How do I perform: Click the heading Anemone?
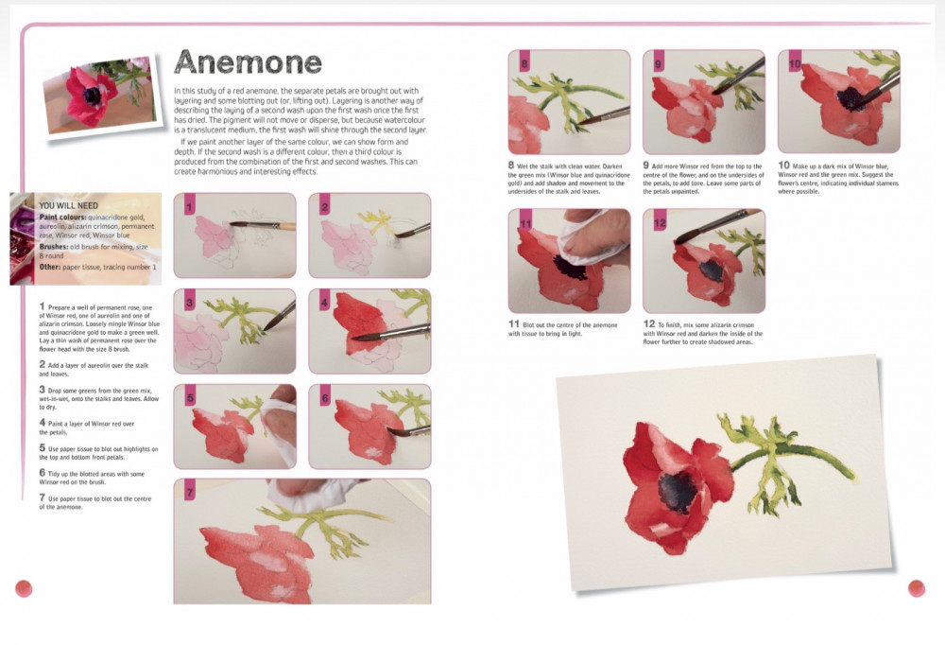pos(248,61)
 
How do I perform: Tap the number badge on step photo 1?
pos(189,205)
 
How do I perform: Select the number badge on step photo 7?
pos(189,491)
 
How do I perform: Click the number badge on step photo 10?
pos(795,61)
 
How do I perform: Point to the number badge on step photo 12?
pos(660,221)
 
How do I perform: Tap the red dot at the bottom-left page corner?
pos(24,588)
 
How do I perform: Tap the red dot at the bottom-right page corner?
pos(916,588)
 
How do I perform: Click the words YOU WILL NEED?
pos(68,206)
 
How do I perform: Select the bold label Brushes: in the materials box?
pos(54,247)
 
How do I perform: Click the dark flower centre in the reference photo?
pos(93,96)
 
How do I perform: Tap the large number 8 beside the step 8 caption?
pos(511,165)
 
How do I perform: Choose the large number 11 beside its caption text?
pos(513,324)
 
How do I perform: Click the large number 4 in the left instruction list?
pos(43,423)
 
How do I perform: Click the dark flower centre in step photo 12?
pos(712,270)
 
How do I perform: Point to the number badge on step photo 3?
pos(189,301)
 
